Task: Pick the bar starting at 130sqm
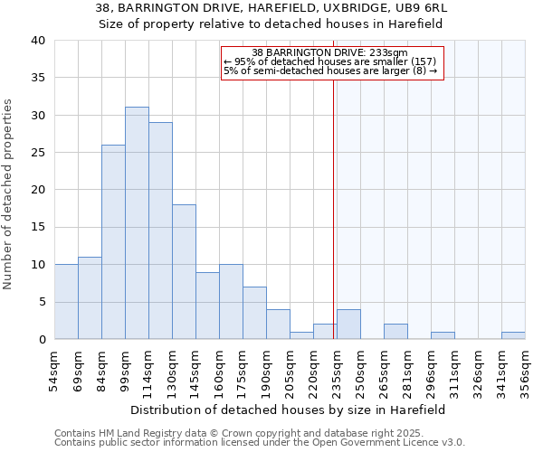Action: point(184,272)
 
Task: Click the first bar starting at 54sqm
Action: point(66,302)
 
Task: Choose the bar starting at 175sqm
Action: point(254,313)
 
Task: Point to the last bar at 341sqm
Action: point(513,335)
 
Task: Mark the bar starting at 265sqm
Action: point(395,332)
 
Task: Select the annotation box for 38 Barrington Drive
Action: point(332,62)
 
